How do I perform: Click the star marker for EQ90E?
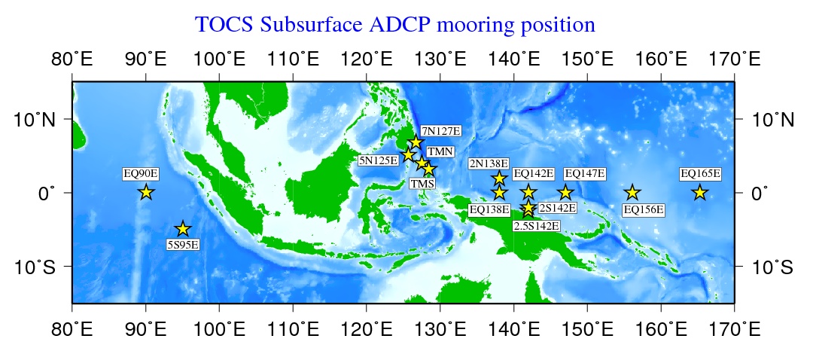click(146, 193)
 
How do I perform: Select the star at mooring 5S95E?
click(182, 229)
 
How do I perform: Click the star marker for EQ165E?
click(700, 193)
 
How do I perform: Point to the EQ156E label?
click(643, 210)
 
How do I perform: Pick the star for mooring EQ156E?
click(632, 193)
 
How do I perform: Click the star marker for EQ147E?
click(565, 193)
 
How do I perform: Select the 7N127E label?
click(440, 130)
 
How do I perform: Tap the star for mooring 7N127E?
click(416, 142)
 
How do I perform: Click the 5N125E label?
click(379, 160)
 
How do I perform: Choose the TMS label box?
click(422, 183)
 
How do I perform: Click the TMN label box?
click(440, 151)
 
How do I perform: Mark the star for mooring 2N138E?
click(499, 178)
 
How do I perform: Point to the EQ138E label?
click(489, 210)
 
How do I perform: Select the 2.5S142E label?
click(536, 226)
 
